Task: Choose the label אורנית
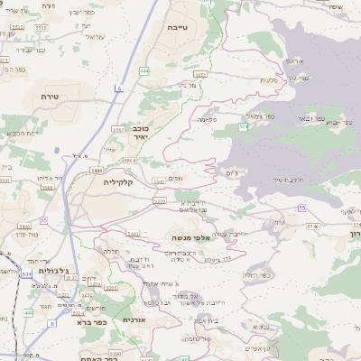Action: click(134, 319)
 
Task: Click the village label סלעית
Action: click(269, 81)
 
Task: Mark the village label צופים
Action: click(175, 179)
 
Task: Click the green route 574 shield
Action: click(243, 127)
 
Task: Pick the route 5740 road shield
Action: click(312, 227)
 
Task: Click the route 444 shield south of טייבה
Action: click(144, 70)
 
